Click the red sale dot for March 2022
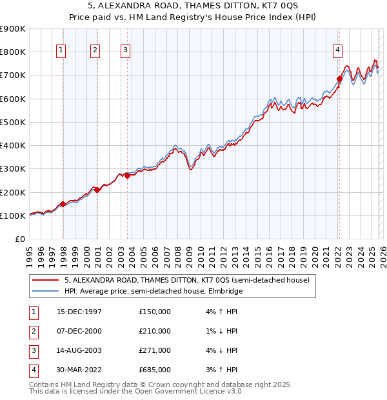coord(339,79)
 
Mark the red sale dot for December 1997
coord(63,204)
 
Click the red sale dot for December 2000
coord(97,190)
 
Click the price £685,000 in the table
coord(155,370)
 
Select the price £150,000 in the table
coord(155,312)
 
